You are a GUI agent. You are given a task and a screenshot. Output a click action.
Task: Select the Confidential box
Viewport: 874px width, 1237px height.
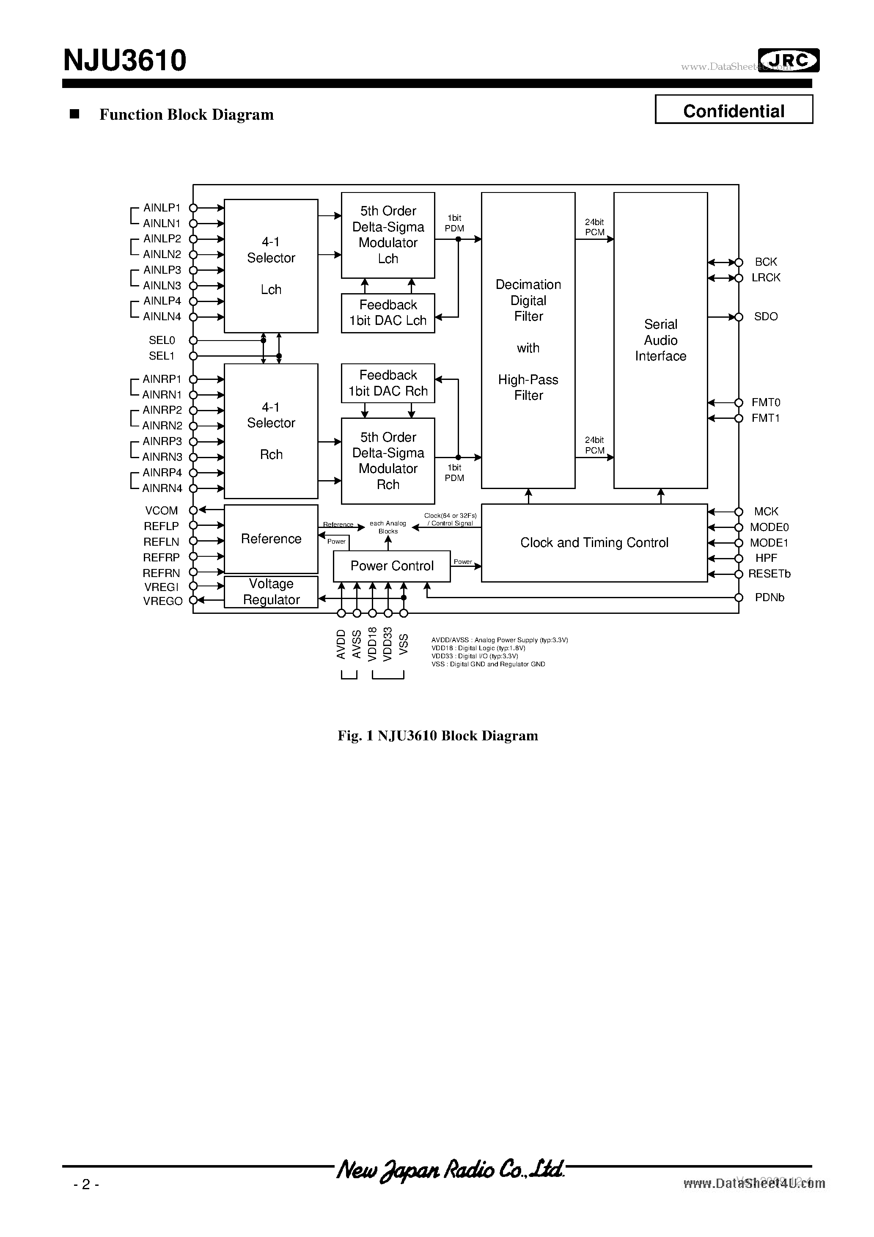tap(734, 110)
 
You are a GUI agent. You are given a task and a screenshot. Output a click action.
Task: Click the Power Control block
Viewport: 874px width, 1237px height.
tap(392, 566)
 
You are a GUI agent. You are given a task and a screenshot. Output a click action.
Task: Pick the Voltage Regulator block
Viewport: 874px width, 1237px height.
tap(271, 591)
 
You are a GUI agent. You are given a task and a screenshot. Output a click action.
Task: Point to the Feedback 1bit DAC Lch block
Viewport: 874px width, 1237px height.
tap(388, 313)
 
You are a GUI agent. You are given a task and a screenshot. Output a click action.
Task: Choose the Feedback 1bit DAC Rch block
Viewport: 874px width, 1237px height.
tap(388, 383)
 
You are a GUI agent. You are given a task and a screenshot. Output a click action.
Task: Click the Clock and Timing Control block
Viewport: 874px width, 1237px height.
tap(594, 542)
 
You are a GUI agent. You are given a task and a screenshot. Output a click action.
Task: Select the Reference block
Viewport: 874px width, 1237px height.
tap(271, 539)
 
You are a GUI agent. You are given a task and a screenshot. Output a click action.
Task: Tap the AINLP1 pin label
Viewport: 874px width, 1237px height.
tap(162, 207)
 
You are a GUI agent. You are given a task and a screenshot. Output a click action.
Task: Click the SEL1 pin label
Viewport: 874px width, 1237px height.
tap(162, 356)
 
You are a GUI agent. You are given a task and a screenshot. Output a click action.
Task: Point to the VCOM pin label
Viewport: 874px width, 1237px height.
tap(161, 510)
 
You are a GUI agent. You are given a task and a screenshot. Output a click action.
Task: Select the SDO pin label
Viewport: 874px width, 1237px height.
tap(766, 317)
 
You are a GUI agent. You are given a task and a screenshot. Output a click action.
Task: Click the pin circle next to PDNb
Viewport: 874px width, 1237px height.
tap(739, 597)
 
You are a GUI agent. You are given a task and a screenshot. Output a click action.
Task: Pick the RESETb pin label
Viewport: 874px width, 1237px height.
tap(769, 574)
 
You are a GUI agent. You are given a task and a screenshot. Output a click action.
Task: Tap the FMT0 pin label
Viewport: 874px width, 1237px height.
tap(766, 402)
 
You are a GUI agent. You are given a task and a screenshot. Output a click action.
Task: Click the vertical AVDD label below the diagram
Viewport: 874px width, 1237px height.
tap(341, 644)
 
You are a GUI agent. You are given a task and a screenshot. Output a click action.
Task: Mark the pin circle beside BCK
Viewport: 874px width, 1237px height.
tap(739, 262)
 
